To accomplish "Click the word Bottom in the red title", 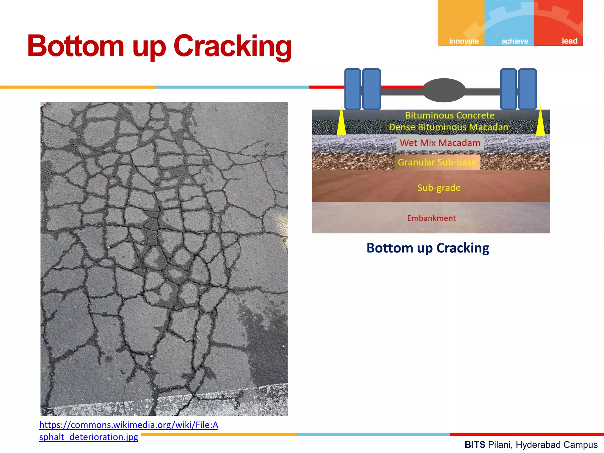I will pyautogui.click(x=75, y=46).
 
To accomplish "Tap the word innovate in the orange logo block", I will pyautogui.click(x=464, y=41).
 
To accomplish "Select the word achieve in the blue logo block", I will pyautogui.click(x=515, y=41).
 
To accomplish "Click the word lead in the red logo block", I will pyautogui.click(x=569, y=41).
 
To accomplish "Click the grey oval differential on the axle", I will pyautogui.click(x=444, y=90).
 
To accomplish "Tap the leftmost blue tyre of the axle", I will pyautogui.click(x=353, y=89).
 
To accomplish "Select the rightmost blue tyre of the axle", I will pyautogui.click(x=527, y=89).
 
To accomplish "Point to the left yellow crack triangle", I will pyautogui.click(x=342, y=122).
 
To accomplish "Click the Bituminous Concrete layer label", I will pyautogui.click(x=449, y=115).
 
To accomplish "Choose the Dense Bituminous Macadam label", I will pyautogui.click(x=449, y=127).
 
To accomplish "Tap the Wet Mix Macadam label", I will pyautogui.click(x=440, y=143).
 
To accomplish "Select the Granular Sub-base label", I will pyautogui.click(x=437, y=162).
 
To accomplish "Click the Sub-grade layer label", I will pyautogui.click(x=439, y=188).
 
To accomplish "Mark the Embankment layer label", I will pyautogui.click(x=431, y=218).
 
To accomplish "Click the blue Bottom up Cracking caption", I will pyautogui.click(x=428, y=248).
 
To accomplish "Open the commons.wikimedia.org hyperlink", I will pyautogui.click(x=129, y=425).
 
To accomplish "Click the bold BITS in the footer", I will pyautogui.click(x=475, y=444).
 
